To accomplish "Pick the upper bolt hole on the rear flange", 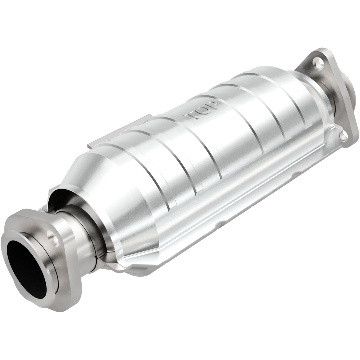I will coord(319,63).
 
